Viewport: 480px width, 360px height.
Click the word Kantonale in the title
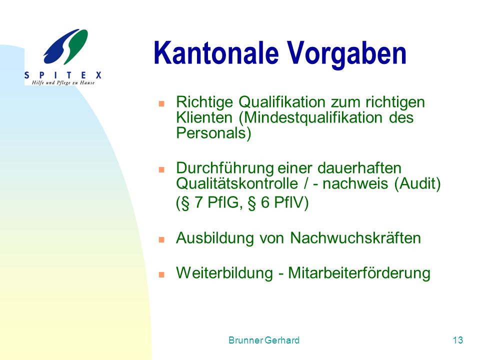(x=216, y=52)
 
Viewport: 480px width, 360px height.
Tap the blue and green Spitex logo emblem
(x=65, y=46)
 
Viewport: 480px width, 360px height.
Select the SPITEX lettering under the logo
(x=63, y=75)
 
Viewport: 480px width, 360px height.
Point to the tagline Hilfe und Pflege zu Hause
(x=63, y=82)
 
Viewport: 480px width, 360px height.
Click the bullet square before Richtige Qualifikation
(x=161, y=103)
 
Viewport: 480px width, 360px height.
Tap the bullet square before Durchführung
(x=161, y=169)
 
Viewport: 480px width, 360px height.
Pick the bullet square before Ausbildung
(x=161, y=239)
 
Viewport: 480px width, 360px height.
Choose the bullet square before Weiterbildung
(x=161, y=274)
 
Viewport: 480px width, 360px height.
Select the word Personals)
(x=213, y=133)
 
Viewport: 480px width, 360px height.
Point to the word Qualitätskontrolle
(x=237, y=183)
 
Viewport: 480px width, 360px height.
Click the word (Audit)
(x=417, y=183)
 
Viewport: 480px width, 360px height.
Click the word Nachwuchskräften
(x=355, y=238)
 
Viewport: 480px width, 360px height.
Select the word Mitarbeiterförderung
(x=359, y=273)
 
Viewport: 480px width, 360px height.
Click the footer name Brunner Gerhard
(x=264, y=340)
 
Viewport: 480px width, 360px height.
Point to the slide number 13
(x=458, y=340)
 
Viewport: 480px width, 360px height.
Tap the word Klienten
(x=204, y=117)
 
